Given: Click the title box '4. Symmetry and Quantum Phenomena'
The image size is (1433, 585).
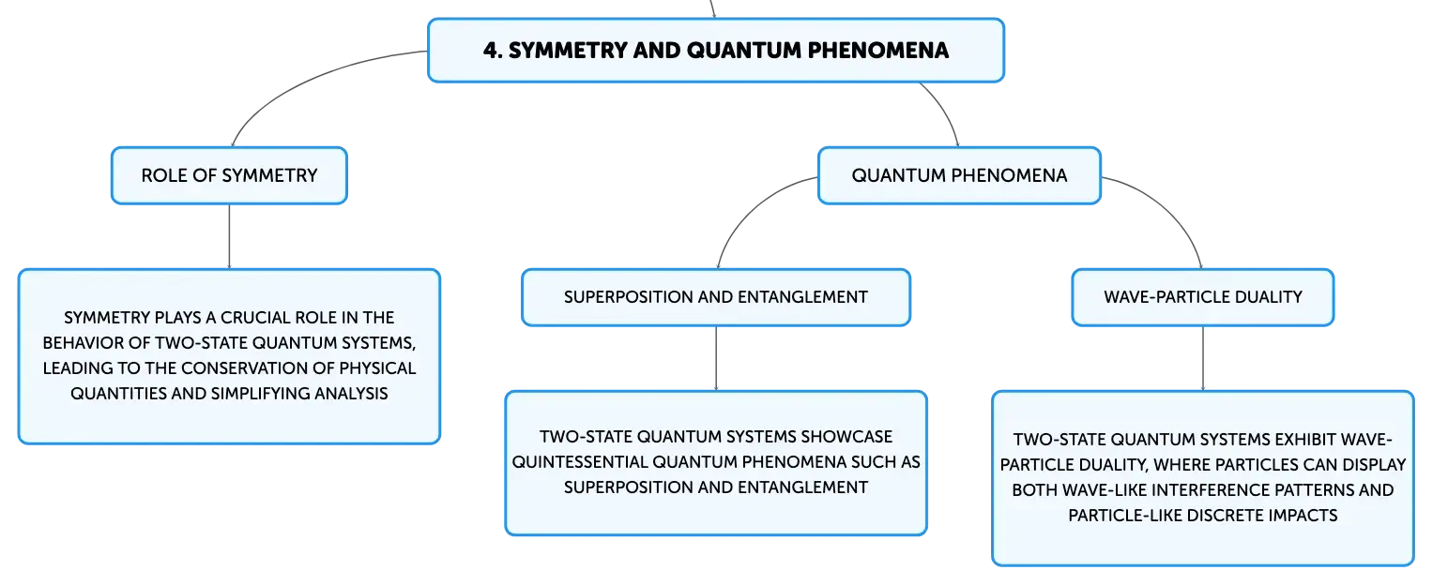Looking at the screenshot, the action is [716, 50].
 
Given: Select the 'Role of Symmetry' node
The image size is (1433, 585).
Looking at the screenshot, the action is [229, 176].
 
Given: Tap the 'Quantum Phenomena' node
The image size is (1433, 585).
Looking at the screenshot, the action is [959, 176].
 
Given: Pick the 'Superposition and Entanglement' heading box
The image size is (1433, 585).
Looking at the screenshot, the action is [716, 297].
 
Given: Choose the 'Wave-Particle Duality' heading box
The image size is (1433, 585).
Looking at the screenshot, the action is [1203, 297].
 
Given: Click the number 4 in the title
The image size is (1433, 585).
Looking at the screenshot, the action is [490, 51].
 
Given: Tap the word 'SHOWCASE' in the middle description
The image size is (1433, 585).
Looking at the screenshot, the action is [846, 437].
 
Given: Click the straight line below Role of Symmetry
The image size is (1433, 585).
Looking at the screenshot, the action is [229, 236].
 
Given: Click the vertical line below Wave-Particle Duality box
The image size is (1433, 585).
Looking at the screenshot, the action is [1203, 359].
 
